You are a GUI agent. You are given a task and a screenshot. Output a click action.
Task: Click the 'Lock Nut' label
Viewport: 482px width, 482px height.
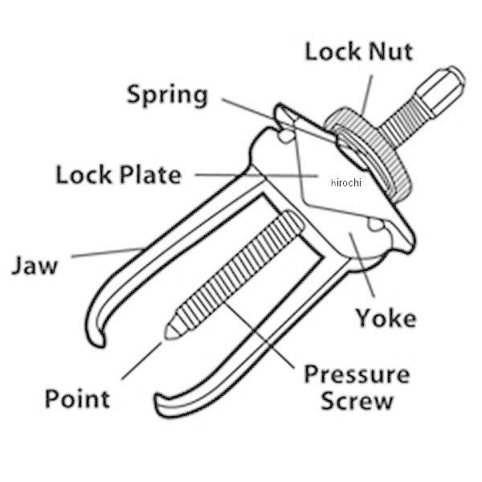coord(359,51)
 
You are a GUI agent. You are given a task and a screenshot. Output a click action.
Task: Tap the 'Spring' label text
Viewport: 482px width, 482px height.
coord(168,96)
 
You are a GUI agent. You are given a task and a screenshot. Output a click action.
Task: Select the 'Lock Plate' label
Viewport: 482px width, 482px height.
coord(119,174)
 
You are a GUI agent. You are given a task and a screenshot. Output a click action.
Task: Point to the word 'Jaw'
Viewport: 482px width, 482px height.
coord(35,265)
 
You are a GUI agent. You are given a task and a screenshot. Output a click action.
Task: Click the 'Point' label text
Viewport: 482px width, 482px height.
coord(77,398)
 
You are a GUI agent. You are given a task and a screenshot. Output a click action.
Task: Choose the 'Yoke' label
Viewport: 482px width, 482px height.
coord(386,317)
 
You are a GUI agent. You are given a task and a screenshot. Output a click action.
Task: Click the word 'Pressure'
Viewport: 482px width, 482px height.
coord(357,374)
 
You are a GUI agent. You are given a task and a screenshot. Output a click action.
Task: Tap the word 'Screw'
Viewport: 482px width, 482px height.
coord(357,401)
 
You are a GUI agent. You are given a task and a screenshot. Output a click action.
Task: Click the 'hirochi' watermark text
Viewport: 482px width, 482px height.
coord(346,182)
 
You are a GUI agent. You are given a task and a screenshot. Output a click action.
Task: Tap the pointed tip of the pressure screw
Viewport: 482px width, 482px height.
coord(166,333)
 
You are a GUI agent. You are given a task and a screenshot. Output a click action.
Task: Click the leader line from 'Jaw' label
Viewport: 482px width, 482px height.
coord(108,252)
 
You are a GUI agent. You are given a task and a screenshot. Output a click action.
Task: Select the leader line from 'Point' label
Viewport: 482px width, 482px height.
coord(141,361)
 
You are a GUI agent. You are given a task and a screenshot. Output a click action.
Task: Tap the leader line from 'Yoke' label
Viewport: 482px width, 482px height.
coord(361,264)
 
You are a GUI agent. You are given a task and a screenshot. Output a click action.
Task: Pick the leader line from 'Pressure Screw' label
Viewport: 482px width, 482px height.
coord(259,334)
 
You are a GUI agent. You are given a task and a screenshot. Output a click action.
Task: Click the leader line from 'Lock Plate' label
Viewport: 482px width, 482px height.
coord(256,175)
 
